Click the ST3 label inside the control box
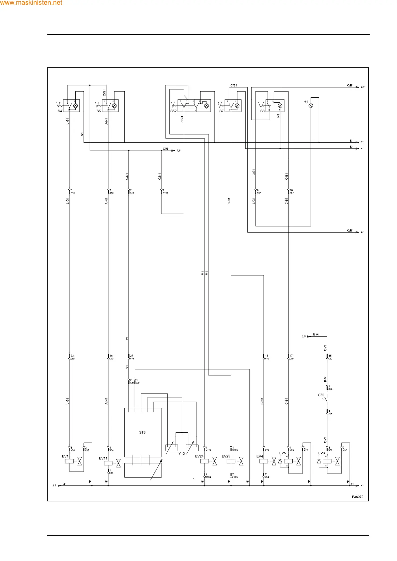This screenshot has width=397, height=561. tap(142, 432)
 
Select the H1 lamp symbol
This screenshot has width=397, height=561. tap(311, 106)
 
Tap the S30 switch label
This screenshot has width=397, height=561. tap(321, 395)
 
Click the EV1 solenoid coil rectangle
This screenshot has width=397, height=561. tap(69, 462)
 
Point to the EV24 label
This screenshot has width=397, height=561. tap(199, 456)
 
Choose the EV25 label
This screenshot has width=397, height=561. tap(226, 456)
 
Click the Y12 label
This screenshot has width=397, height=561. tap(181, 454)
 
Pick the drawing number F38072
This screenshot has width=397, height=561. tap(358, 497)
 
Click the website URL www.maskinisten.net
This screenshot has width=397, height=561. tap(31, 3)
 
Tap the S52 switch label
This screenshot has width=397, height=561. tap(173, 111)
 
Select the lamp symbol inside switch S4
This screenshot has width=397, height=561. tap(76, 106)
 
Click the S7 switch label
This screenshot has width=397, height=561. tap(222, 111)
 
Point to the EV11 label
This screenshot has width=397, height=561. tap(103, 458)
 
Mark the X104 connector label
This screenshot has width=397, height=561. tap(165, 193)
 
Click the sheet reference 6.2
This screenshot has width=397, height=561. tap(363, 87)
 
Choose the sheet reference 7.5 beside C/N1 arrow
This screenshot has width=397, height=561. tap(178, 151)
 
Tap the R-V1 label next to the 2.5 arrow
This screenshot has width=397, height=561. tap(316, 334)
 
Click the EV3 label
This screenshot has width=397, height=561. tap(321, 453)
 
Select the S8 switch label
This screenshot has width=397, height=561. tap(262, 111)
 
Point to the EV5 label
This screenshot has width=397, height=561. tap(283, 453)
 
